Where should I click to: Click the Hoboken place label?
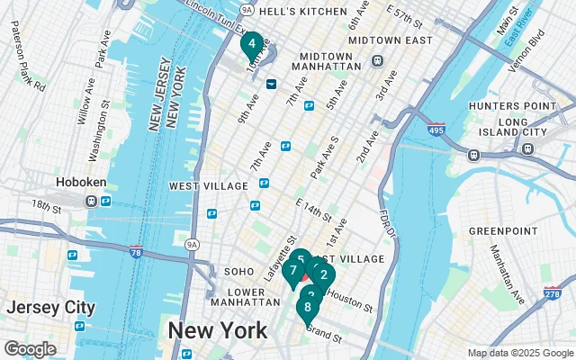tap(81, 182)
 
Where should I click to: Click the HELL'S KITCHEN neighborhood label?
tap(301, 12)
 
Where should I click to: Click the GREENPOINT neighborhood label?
tap(501, 230)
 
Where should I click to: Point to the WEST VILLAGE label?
tap(208, 185)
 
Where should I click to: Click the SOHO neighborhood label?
tap(238, 271)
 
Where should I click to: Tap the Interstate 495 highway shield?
tap(436, 130)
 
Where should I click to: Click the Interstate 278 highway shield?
tap(553, 292)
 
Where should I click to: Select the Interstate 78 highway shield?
tap(136, 251)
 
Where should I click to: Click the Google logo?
tap(30, 348)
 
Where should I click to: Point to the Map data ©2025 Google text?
tap(520, 353)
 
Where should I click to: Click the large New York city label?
tap(217, 329)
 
